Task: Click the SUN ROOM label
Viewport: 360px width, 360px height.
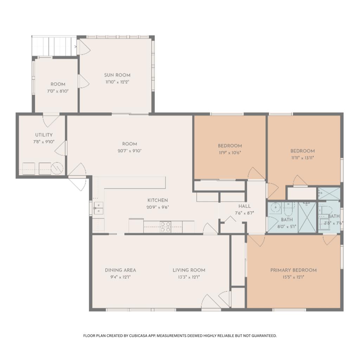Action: (x=117, y=75)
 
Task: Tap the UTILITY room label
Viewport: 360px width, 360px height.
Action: (x=44, y=135)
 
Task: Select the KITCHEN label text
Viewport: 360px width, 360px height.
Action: (x=158, y=200)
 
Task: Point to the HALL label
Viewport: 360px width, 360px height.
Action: (x=244, y=206)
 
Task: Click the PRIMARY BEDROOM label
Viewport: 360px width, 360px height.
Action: (x=294, y=270)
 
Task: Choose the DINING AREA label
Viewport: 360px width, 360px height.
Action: (x=121, y=270)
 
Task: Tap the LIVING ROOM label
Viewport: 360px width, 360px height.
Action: (x=189, y=270)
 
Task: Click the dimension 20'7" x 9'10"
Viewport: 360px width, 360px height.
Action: (x=130, y=151)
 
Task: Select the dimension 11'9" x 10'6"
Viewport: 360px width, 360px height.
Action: (x=230, y=153)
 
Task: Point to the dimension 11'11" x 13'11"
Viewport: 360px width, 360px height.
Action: (x=303, y=158)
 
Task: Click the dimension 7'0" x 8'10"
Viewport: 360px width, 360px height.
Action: (x=58, y=91)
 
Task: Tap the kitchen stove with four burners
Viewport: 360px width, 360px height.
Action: (x=165, y=227)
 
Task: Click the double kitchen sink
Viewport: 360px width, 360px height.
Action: (x=98, y=208)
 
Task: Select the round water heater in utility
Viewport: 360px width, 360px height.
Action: (x=57, y=168)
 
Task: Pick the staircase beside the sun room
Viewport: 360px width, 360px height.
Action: (x=54, y=46)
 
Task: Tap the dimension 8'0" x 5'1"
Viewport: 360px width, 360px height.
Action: (x=287, y=226)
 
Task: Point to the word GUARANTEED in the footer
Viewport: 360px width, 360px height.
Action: (x=264, y=336)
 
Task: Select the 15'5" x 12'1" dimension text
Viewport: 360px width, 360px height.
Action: (x=294, y=277)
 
